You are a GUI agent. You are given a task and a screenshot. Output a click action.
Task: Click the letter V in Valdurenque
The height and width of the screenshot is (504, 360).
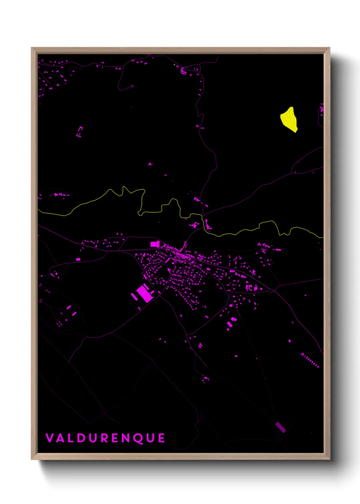pos(50,438)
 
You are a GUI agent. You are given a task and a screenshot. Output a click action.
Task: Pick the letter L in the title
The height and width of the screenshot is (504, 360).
pos(70,438)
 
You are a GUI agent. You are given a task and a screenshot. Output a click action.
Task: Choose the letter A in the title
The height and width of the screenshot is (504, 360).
pos(60,438)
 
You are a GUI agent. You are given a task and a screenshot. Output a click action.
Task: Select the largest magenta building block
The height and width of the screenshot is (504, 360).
pos(144,294)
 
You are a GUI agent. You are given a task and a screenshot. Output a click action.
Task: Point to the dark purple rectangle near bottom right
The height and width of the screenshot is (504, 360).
pos(280,427)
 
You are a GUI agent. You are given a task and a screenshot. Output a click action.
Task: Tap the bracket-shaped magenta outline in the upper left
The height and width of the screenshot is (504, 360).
pos(79,131)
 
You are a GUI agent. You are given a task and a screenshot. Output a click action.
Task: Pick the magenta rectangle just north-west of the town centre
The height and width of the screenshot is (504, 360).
pos(155,244)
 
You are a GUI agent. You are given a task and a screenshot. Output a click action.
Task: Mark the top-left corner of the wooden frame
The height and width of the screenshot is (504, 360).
pos(32,48)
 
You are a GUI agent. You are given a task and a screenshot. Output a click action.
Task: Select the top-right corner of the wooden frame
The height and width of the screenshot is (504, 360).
pos(329,48)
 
